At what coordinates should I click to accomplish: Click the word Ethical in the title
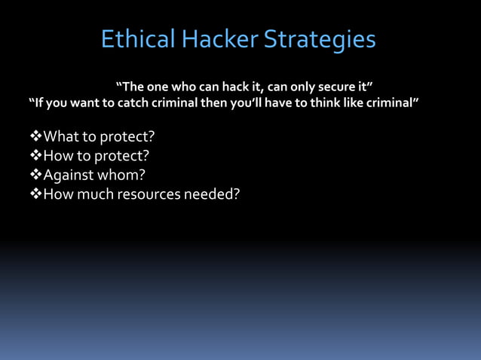click(138, 39)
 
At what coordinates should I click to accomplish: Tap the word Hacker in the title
click(219, 39)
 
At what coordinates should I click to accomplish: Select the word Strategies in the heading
click(320, 39)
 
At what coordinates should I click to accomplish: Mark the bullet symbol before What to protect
click(35, 138)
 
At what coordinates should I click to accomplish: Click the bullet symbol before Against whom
click(35, 175)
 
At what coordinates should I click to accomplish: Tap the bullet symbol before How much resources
click(35, 194)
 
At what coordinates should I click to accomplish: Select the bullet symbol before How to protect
click(35, 157)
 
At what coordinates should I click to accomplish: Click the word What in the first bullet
click(60, 138)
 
